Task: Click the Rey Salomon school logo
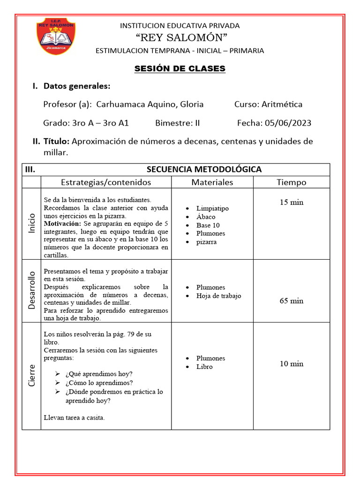pos(57,36)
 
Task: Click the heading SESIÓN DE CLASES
pos(180,68)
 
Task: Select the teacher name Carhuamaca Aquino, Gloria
pos(150,104)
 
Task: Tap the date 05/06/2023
pos(288,123)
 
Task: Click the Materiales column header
pos(212,182)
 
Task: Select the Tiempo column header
pos(291,182)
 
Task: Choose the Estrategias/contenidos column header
pos(106,182)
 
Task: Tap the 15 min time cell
pos(291,202)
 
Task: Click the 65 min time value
pos(291,300)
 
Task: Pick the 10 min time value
pos(291,363)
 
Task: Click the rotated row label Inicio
pos(31,224)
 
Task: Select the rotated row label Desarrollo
pos(31,291)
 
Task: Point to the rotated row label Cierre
pos(31,375)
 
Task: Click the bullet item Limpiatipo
pos(212,208)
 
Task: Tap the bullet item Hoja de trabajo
pos(219,296)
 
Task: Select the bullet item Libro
pos(204,367)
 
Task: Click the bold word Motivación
pos(62,224)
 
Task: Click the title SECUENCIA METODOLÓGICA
pos(204,169)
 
